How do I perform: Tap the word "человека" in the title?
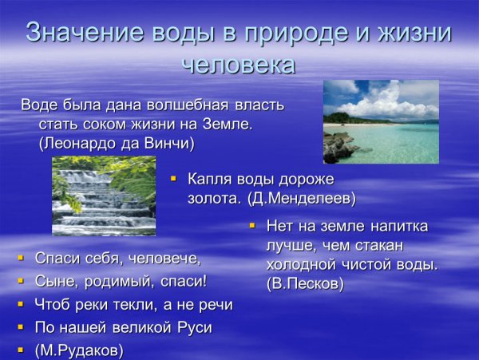click(239, 64)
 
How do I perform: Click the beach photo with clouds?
click(381, 121)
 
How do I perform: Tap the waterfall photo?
click(104, 196)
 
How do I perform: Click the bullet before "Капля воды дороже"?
click(173, 180)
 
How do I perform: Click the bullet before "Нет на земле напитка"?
click(251, 227)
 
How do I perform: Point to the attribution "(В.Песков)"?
click(305, 283)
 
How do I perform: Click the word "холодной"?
click(299, 264)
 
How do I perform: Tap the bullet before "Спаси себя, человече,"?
click(21, 259)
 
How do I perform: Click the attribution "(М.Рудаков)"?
click(79, 350)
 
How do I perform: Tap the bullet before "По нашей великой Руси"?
click(21, 327)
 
